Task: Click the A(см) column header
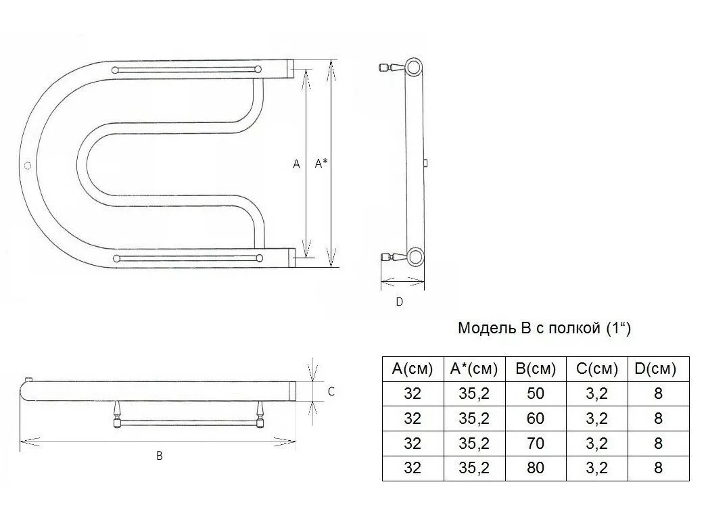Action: [x=413, y=369]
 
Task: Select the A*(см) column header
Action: [x=474, y=369]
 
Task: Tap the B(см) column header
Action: [x=536, y=369]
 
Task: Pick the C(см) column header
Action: [x=597, y=369]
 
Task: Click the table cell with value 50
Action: [x=536, y=393]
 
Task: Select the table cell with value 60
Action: [x=536, y=419]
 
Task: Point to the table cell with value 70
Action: [x=536, y=443]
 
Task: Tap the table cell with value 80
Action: [x=536, y=468]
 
